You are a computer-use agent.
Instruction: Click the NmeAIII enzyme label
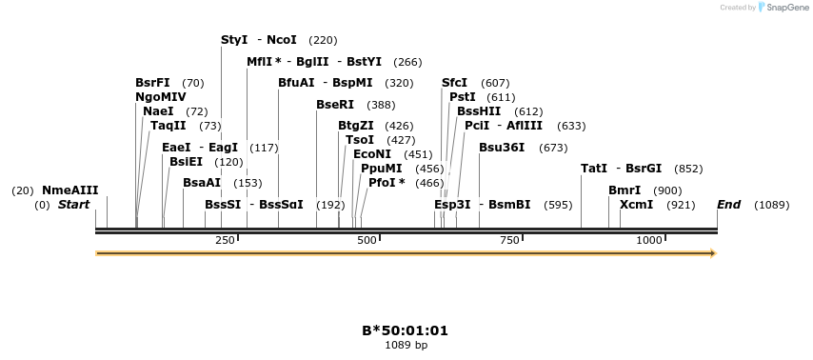[x=69, y=190]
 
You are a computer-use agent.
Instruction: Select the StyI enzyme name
[x=234, y=40]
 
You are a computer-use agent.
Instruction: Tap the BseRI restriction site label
[x=335, y=105]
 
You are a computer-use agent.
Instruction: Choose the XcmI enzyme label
[x=637, y=205]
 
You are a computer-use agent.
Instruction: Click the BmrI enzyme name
[x=625, y=190]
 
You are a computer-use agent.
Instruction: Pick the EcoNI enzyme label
[x=372, y=154]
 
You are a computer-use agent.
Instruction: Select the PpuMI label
[x=381, y=169]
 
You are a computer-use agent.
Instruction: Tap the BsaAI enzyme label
[x=202, y=183]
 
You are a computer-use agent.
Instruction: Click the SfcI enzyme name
[x=454, y=83]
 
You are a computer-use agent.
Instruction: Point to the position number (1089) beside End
[x=771, y=205]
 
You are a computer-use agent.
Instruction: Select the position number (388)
[x=381, y=105]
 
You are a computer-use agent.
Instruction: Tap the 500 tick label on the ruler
[x=367, y=240]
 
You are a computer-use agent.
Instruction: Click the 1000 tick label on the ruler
[x=649, y=240]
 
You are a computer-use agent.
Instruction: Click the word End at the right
[x=729, y=205]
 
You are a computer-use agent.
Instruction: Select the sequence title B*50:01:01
[x=405, y=331]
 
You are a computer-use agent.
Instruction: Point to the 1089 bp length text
[x=406, y=345]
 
